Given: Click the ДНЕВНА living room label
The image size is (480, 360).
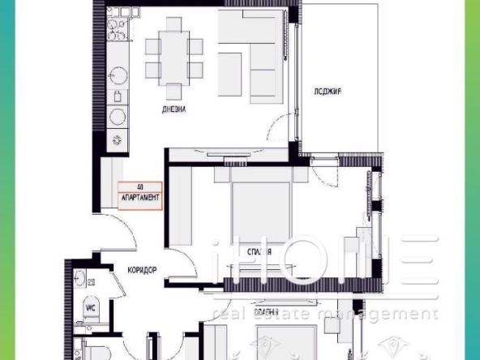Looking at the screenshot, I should coord(174,109).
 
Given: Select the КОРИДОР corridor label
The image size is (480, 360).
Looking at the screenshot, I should coord(140,272).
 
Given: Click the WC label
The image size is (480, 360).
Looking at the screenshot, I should coord(91,307).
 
